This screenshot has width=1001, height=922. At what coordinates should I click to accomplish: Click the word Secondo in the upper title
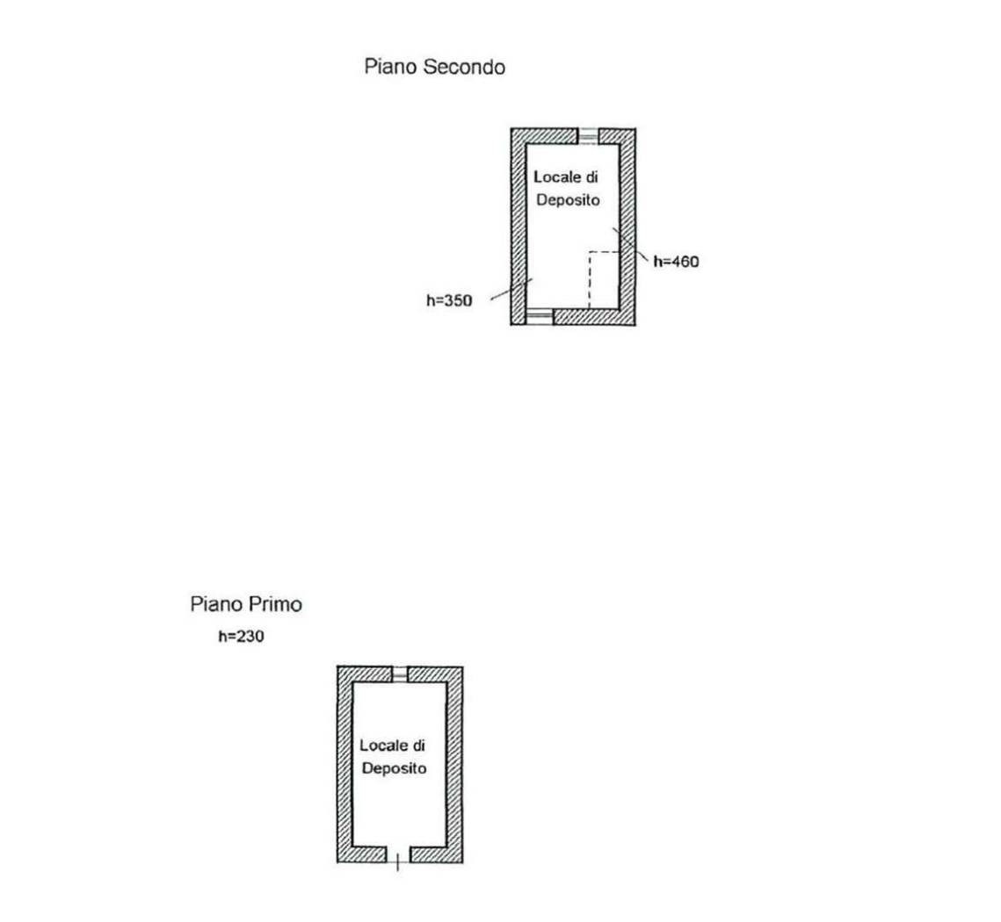click(464, 67)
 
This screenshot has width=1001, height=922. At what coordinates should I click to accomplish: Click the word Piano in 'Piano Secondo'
click(391, 67)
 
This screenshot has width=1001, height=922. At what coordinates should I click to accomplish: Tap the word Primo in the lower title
click(275, 603)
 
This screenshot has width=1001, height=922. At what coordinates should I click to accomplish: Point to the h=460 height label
click(676, 261)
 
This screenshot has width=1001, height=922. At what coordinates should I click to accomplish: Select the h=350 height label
click(449, 300)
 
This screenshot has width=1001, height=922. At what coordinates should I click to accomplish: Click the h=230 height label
click(242, 636)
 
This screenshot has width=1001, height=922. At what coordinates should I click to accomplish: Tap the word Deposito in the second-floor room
click(568, 200)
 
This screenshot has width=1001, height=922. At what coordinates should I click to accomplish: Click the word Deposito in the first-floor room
click(394, 767)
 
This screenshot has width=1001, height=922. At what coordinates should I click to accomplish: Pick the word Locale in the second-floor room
click(558, 176)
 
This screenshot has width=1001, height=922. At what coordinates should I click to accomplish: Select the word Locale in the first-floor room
click(384, 745)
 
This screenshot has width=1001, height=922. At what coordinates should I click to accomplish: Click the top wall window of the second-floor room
click(588, 137)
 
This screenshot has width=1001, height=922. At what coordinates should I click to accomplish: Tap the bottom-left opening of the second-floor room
click(539, 316)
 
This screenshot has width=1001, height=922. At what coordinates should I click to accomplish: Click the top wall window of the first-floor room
click(400, 673)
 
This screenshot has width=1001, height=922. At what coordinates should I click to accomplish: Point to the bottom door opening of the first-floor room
click(398, 855)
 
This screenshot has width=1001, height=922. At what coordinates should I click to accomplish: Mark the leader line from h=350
click(511, 290)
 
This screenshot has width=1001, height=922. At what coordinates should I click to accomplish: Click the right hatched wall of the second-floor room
click(627, 227)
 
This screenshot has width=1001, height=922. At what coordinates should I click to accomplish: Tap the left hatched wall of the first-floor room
click(345, 765)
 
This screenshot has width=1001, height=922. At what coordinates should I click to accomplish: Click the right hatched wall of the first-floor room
click(454, 765)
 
